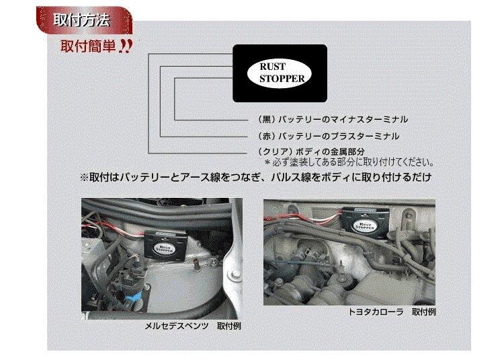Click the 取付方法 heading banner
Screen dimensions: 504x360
click(84, 20)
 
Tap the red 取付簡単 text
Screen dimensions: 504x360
click(89, 46)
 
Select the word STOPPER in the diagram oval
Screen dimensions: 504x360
click(282, 79)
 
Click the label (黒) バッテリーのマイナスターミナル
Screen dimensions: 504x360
click(333, 120)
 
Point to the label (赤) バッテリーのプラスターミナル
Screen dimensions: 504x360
click(329, 136)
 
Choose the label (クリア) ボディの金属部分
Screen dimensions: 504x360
click(311, 151)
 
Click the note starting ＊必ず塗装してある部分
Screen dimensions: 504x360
click(349, 162)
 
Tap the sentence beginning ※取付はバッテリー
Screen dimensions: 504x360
click(255, 177)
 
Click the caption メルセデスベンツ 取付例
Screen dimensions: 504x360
click(193, 326)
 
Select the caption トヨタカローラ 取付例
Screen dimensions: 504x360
click(392, 312)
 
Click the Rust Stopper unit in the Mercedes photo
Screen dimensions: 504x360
click(165, 245)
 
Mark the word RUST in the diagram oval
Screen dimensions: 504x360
click(273, 67)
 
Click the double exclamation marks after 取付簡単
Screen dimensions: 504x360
click(125, 46)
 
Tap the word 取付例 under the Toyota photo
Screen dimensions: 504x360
click(424, 312)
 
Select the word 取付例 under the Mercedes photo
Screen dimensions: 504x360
click(229, 326)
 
